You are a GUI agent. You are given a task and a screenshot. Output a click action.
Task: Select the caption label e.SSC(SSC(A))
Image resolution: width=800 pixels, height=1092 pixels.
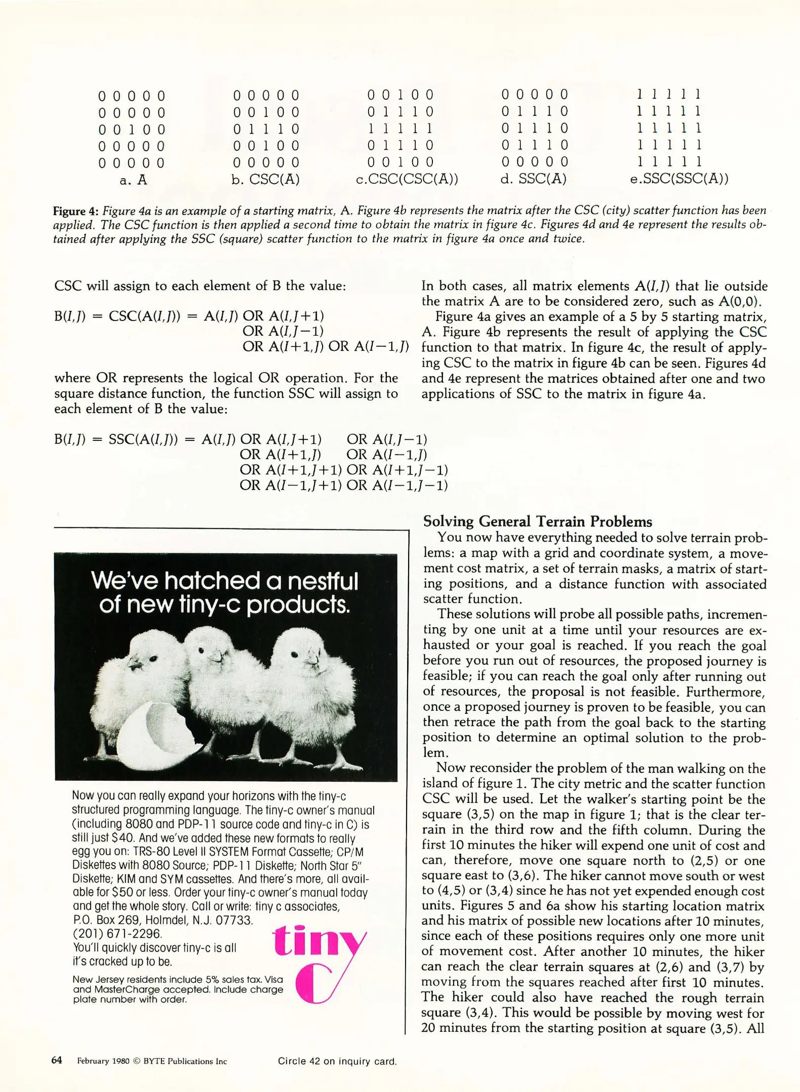pos(679,179)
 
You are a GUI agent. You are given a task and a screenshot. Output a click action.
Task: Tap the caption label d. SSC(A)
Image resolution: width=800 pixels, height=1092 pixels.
pos(533,179)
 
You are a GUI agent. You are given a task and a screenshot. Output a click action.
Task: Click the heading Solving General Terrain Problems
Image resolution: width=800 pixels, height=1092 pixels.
pos(537,521)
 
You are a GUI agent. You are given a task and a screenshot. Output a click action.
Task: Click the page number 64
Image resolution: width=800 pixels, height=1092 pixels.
pos(57,1060)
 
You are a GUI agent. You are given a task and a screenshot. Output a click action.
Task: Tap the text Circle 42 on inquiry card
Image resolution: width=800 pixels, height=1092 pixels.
pos(337,1061)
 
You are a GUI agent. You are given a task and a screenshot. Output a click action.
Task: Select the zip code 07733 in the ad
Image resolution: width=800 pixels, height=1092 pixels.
pos(234,920)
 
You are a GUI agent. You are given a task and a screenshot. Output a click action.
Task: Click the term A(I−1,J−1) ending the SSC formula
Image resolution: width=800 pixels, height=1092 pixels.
pos(410,485)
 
